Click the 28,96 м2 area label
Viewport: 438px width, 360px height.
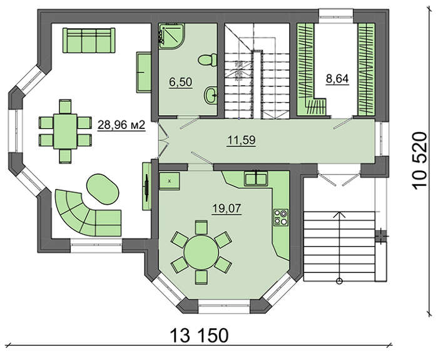point(121,125)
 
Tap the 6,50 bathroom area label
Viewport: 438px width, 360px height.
point(181,83)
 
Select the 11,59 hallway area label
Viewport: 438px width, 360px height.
point(242,140)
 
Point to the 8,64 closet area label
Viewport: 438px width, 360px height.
point(337,79)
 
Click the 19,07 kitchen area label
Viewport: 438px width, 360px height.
point(227,208)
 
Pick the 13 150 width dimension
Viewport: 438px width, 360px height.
point(199,336)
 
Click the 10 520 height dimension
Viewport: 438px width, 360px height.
point(420,161)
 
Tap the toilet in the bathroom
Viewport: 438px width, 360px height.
point(207,60)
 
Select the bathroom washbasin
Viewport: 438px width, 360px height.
point(211,95)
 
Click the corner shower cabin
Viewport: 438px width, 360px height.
point(171,36)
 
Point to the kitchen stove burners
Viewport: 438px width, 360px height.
point(281,217)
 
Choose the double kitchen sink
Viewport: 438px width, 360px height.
point(256,178)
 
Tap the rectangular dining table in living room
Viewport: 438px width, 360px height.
point(65,131)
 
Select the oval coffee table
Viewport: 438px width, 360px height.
point(103,189)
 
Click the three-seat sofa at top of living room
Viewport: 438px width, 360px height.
point(89,40)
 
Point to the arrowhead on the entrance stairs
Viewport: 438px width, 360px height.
point(339,214)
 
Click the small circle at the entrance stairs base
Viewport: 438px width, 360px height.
point(339,281)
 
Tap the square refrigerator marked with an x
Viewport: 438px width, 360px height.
point(169,181)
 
